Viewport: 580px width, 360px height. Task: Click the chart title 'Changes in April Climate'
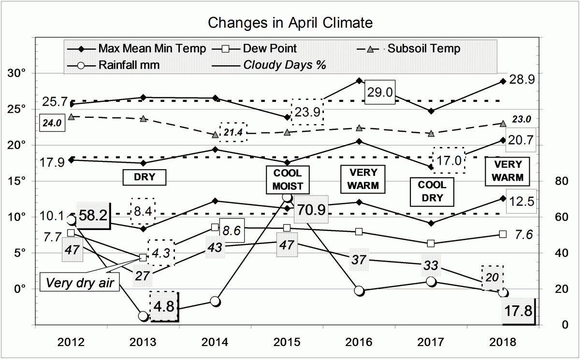click(x=290, y=23)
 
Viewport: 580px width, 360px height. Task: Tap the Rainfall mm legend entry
click(x=128, y=64)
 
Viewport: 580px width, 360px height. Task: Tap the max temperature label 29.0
click(x=380, y=92)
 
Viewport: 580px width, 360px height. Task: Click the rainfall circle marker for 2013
click(x=144, y=316)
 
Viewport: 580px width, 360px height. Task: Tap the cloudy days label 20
click(x=493, y=277)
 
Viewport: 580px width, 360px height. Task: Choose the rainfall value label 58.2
click(x=93, y=216)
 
